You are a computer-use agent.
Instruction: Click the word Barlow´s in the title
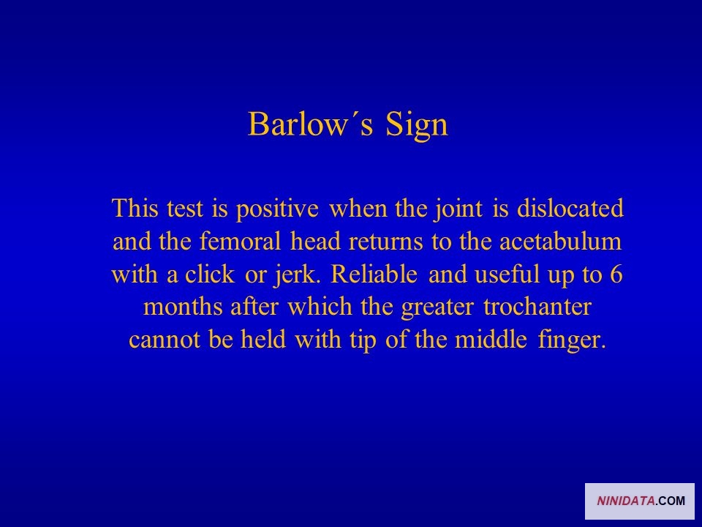310,124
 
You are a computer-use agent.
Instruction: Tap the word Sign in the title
416,125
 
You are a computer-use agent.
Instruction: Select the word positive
277,209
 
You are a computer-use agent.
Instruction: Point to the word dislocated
570,209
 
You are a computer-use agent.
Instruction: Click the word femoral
240,241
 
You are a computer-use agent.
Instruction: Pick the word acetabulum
561,241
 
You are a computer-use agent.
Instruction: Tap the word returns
385,242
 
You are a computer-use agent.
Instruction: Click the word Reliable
374,274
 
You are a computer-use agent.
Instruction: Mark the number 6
616,274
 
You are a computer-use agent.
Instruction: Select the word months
183,307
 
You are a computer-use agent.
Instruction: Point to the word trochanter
537,307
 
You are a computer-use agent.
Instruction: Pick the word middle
491,339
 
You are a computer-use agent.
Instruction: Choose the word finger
572,340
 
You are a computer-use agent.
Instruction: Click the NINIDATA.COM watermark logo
640,501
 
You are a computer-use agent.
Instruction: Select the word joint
458,209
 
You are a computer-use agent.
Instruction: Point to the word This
135,209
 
